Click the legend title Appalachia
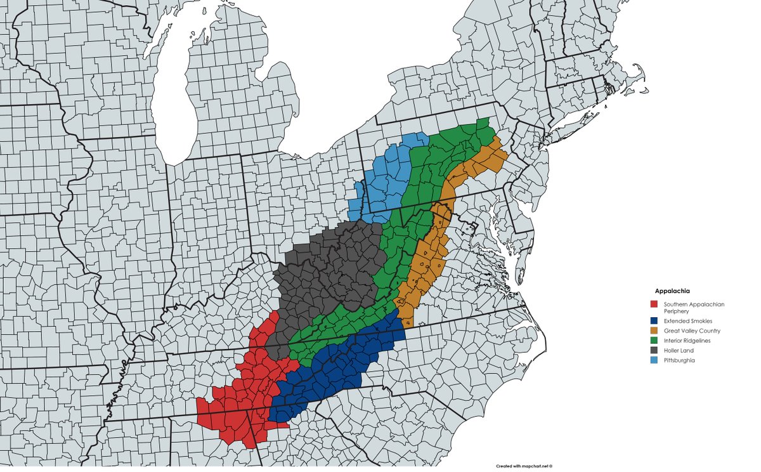[x=672, y=291]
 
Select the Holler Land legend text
[x=680, y=350]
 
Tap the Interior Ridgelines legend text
[x=687, y=341]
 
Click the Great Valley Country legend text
[x=692, y=331]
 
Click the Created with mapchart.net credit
[x=524, y=465]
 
